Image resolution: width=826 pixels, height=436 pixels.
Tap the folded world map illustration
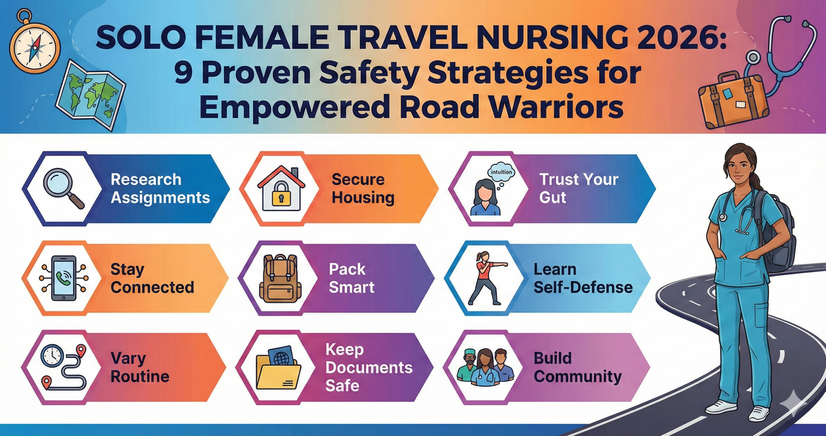tap(90, 94)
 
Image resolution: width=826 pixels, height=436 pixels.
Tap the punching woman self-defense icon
tap(487, 278)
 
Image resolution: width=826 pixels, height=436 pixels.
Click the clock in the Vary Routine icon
tap(52, 356)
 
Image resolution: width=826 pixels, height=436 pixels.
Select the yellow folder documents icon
tap(278, 368)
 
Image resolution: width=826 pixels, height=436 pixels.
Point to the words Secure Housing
tap(363, 188)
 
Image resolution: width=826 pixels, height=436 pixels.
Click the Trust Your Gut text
tap(579, 188)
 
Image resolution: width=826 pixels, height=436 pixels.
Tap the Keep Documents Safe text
tap(369, 367)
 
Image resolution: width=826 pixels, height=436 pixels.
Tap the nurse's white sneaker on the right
tap(759, 413)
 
